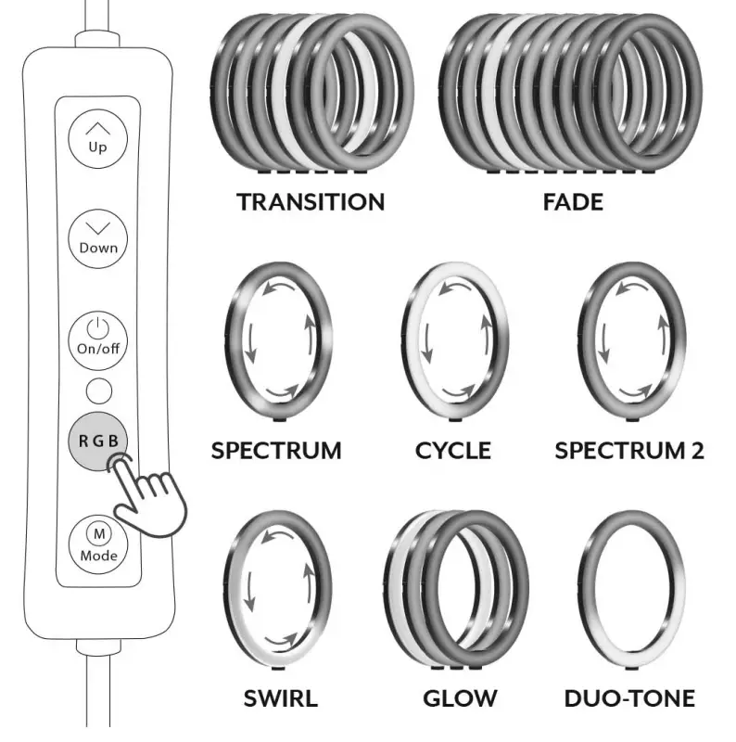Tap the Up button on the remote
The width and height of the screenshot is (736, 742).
(x=97, y=137)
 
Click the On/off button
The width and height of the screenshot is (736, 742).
(x=97, y=338)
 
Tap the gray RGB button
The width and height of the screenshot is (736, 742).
(x=97, y=439)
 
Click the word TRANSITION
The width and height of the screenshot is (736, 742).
(x=310, y=201)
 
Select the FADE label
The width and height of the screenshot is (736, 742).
(x=572, y=201)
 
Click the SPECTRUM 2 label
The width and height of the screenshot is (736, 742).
(x=628, y=451)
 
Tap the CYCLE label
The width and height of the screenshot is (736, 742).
(x=452, y=451)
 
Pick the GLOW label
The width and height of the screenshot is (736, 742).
(x=460, y=698)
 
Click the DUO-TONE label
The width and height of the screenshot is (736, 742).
(x=629, y=698)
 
